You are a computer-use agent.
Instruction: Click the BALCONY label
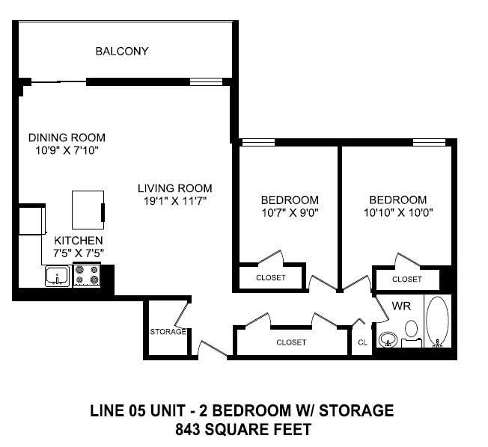click(122, 52)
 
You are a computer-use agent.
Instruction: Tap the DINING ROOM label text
click(67, 138)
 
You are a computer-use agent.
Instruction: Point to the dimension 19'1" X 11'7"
click(174, 201)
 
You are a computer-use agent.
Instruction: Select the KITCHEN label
click(78, 240)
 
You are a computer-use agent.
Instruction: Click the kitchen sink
click(57, 277)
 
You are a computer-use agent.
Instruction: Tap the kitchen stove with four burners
click(86, 276)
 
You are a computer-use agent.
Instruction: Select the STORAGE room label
click(167, 332)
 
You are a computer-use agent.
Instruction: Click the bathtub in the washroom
click(437, 323)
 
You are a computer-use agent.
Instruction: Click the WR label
click(401, 306)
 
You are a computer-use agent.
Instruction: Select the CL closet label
click(362, 342)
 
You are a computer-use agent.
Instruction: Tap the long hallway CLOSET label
click(291, 342)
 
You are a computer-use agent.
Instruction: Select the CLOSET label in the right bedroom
click(407, 279)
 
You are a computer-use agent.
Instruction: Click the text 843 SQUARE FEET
click(242, 429)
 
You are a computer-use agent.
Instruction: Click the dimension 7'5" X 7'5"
click(78, 253)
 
